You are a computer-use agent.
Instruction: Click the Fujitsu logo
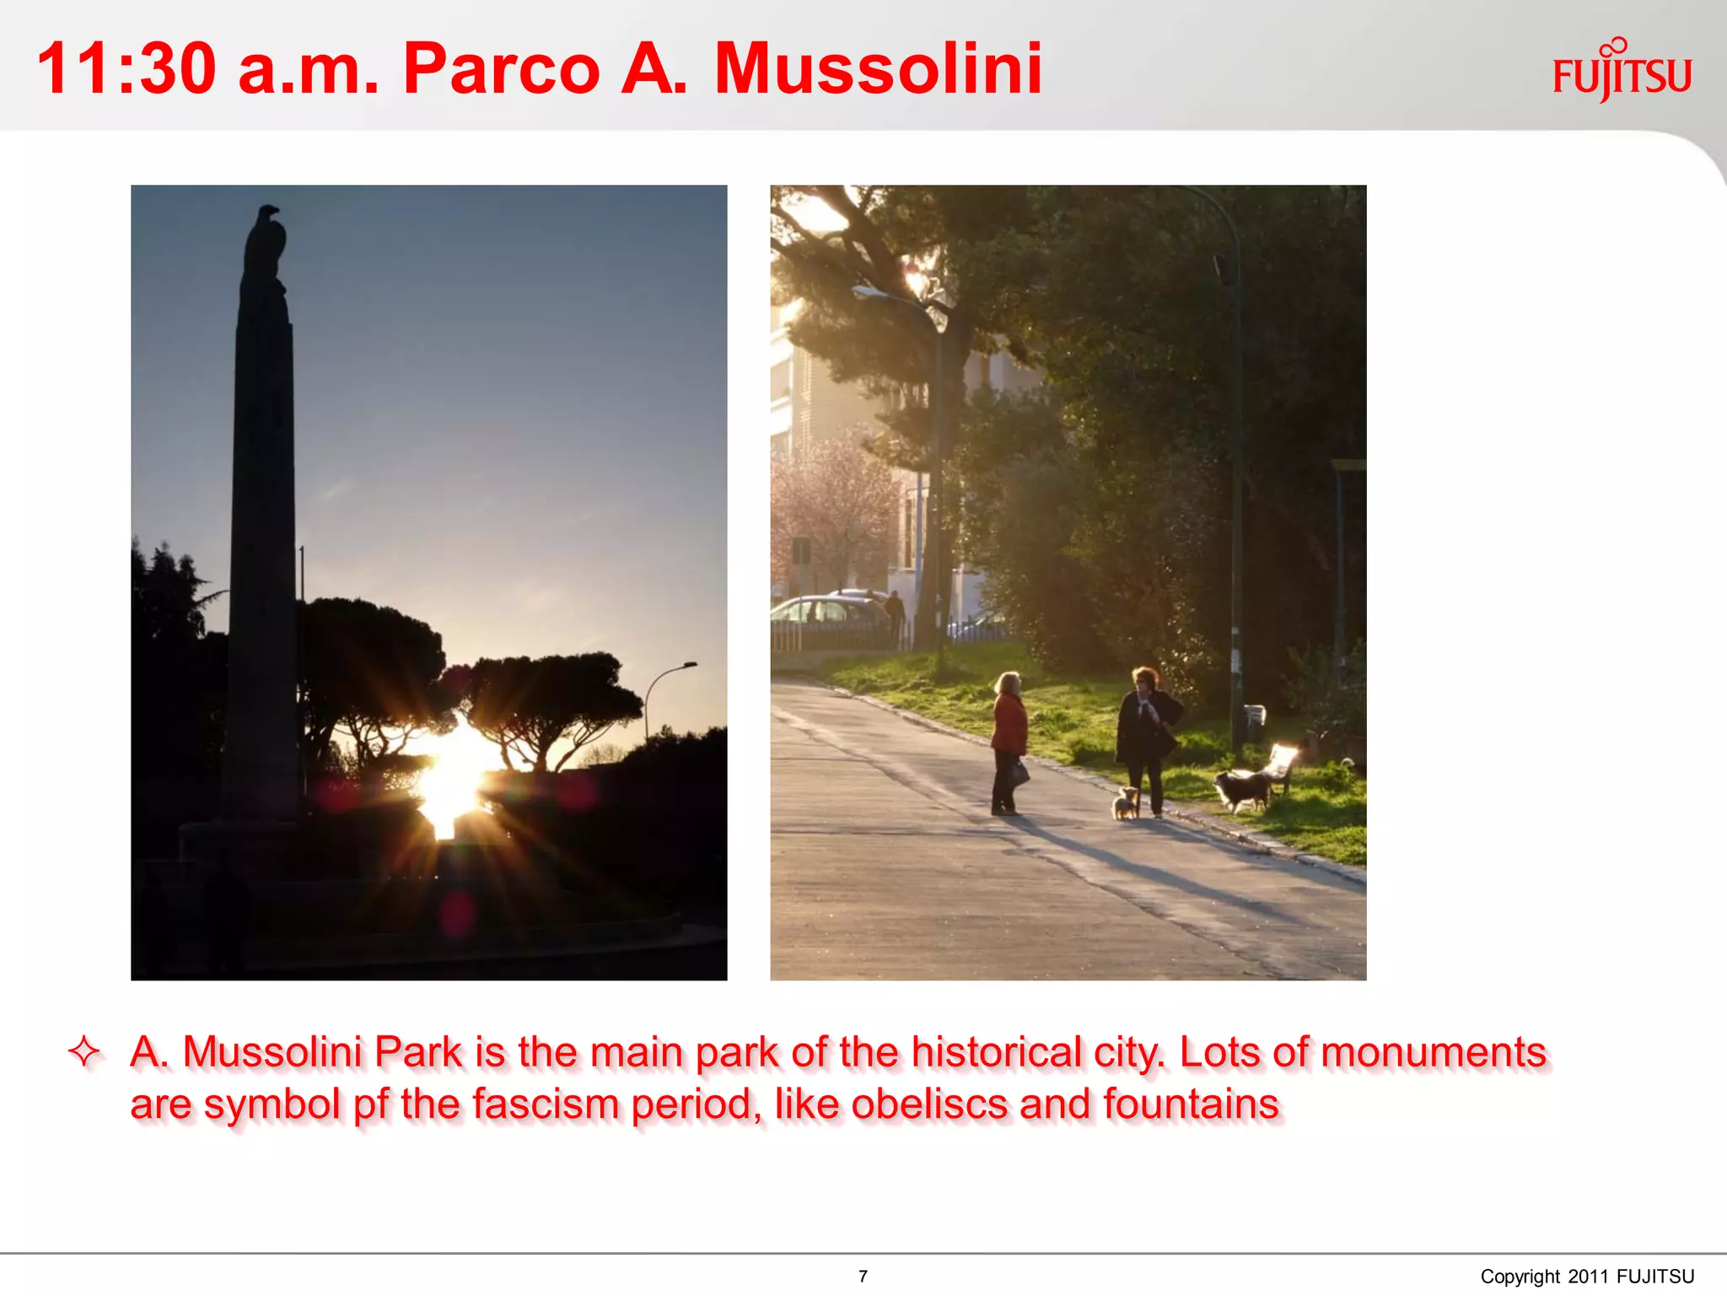click(1622, 73)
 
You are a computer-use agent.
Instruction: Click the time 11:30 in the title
click(126, 69)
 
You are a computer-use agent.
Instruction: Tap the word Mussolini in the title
click(878, 69)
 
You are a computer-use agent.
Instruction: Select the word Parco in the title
click(501, 69)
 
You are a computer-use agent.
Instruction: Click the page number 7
click(863, 1276)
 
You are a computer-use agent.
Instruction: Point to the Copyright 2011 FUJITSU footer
click(1586, 1276)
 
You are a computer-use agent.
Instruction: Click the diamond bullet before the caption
click(84, 1052)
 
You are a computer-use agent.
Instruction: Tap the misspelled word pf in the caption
click(370, 1104)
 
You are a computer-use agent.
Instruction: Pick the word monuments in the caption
click(1433, 1052)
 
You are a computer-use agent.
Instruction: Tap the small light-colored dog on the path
click(1125, 802)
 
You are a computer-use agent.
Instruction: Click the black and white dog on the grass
click(1242, 789)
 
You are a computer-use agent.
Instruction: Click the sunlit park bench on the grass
click(1281, 764)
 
